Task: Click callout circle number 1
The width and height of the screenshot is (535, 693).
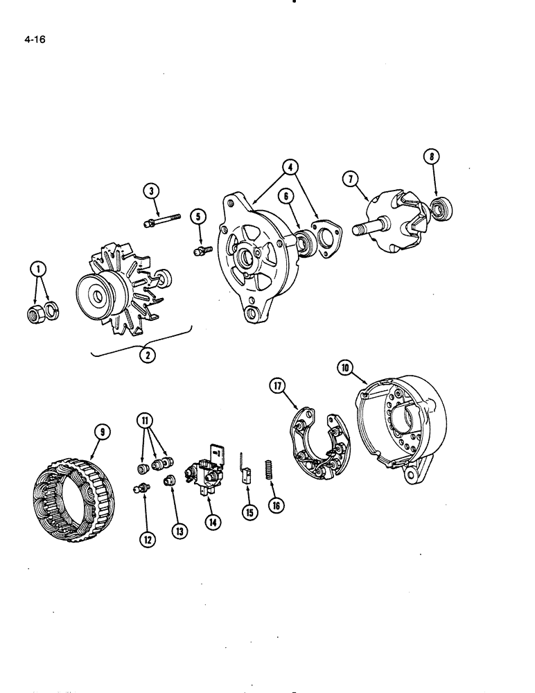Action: coord(37,267)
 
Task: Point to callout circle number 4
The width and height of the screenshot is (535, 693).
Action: coord(290,167)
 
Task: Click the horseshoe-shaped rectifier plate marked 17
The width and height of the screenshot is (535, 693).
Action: coord(315,444)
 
